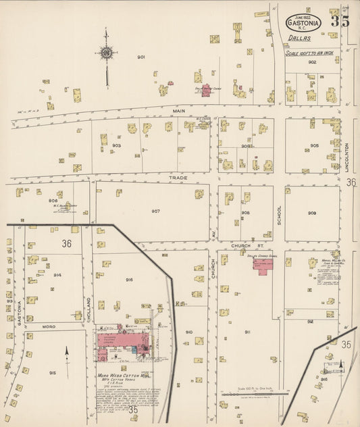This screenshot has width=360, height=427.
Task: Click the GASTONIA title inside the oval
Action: coord(304,22)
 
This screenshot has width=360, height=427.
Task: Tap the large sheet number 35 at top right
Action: coord(340,21)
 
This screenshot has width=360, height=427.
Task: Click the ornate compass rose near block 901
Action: coord(106,52)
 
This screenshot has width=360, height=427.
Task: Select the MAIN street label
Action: coord(178,111)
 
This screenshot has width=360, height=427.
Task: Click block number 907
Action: coord(155,211)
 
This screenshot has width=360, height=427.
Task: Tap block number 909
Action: coord(311,213)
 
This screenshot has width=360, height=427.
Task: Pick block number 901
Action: coord(141,57)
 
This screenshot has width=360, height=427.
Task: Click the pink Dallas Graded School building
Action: coord(263,264)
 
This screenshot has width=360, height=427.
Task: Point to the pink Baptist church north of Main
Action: coord(205,91)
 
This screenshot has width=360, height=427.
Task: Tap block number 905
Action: coord(314,145)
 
